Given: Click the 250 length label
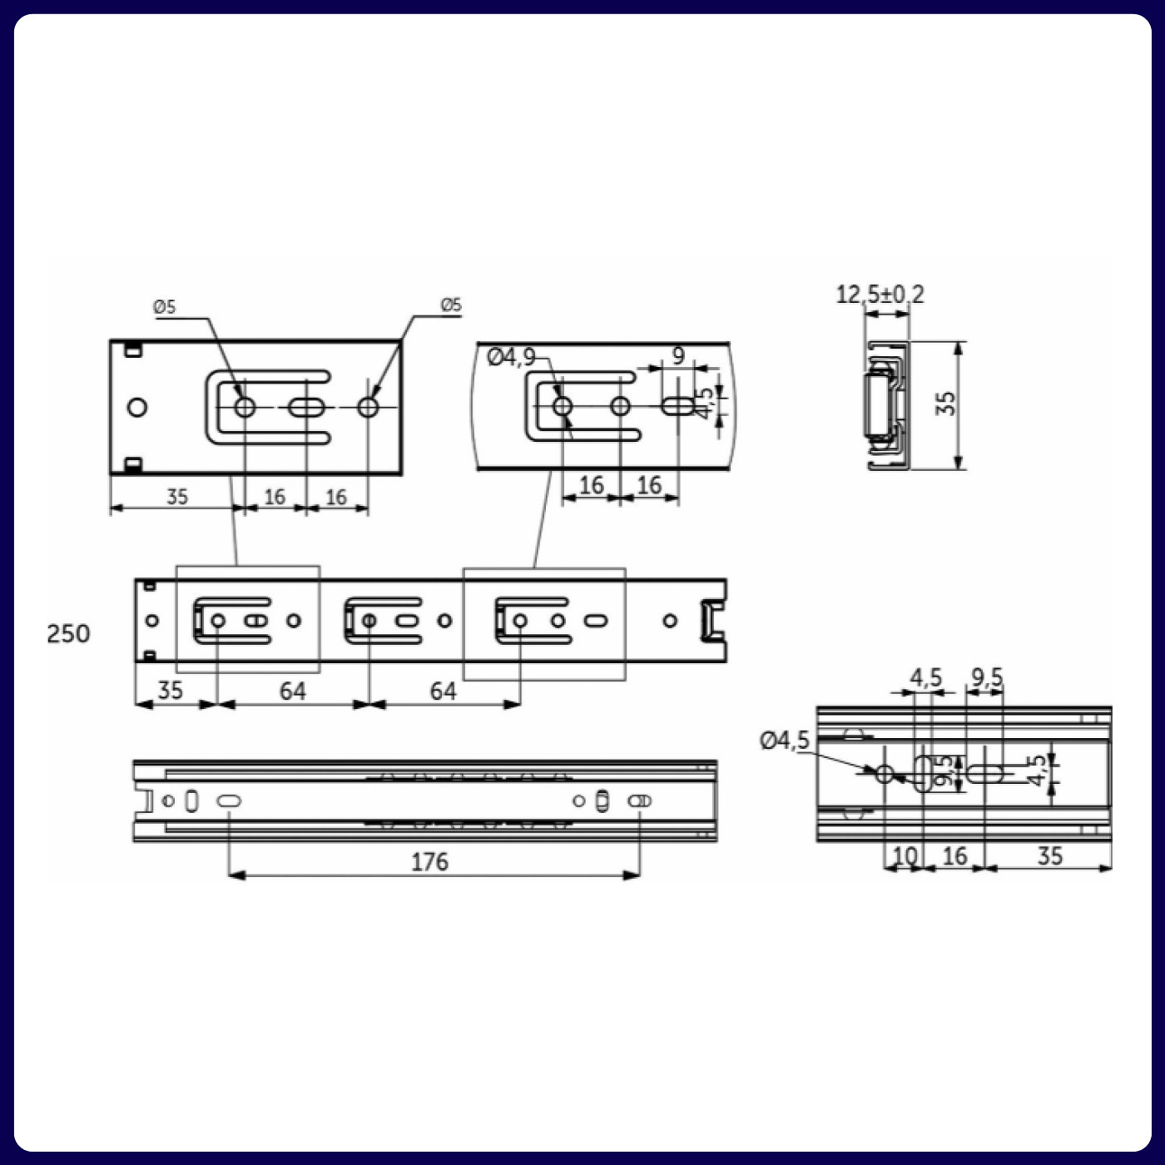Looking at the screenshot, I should [68, 634].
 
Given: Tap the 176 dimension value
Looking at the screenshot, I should [429, 862].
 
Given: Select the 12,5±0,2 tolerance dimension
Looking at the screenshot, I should [880, 295].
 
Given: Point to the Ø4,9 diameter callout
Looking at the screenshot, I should [511, 358].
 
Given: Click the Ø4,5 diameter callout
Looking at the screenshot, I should [784, 740].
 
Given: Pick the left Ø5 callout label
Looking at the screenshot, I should [165, 307].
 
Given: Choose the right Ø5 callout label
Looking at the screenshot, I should [450, 305].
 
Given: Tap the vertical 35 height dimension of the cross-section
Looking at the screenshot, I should [946, 404].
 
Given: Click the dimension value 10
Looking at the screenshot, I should [904, 855].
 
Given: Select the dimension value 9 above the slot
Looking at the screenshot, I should [678, 356].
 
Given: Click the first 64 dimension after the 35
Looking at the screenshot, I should [292, 691].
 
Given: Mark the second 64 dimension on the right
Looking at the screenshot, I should [443, 691].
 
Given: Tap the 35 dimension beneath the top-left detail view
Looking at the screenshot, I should [177, 497].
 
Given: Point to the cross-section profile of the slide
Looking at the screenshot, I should [885, 406].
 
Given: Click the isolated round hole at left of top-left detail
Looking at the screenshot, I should [137, 408].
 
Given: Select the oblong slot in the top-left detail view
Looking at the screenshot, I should [306, 408].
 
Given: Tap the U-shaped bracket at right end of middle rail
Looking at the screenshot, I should [711, 621].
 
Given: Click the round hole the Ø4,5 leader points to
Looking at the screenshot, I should [885, 775].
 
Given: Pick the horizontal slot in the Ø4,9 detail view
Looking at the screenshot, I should [678, 406].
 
